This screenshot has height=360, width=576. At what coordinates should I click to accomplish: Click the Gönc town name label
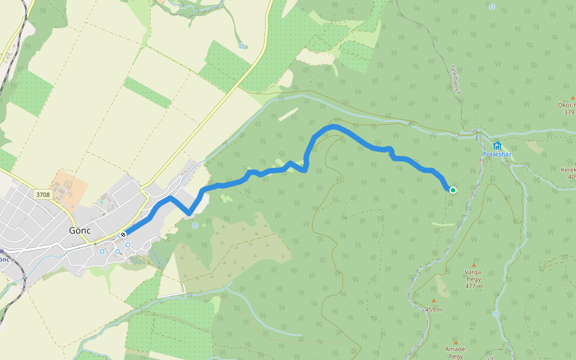[x=80, y=230]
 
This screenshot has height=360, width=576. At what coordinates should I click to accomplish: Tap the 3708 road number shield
[x=43, y=194]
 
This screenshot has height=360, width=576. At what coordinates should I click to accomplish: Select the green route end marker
[x=452, y=190]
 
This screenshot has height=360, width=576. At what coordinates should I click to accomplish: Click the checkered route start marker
[x=122, y=235]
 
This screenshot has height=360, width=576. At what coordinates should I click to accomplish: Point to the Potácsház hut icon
[x=497, y=146]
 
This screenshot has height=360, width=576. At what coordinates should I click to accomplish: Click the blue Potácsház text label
[x=497, y=154]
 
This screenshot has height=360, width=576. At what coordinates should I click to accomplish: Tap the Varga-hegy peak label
[x=473, y=275]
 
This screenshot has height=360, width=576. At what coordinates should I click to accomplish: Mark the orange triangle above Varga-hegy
[x=473, y=265]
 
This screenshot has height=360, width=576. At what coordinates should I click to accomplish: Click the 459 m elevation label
[x=434, y=310]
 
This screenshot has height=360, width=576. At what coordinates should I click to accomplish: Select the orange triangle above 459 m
[x=434, y=301]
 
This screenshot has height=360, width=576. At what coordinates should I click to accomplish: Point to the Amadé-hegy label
[x=456, y=352]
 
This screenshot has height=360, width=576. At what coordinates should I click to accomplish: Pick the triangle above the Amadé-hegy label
[x=456, y=343]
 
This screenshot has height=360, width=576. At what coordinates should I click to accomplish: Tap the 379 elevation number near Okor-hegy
[x=569, y=112]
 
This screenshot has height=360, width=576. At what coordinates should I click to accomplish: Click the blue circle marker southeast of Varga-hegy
[x=496, y=314]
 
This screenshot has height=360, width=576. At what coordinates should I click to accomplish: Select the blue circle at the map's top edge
[x=492, y=7]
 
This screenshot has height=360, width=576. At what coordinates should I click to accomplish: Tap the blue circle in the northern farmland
[x=242, y=46]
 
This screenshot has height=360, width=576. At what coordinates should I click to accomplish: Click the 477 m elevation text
[x=473, y=286]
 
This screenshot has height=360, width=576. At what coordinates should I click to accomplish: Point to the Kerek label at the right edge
[x=568, y=170]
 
